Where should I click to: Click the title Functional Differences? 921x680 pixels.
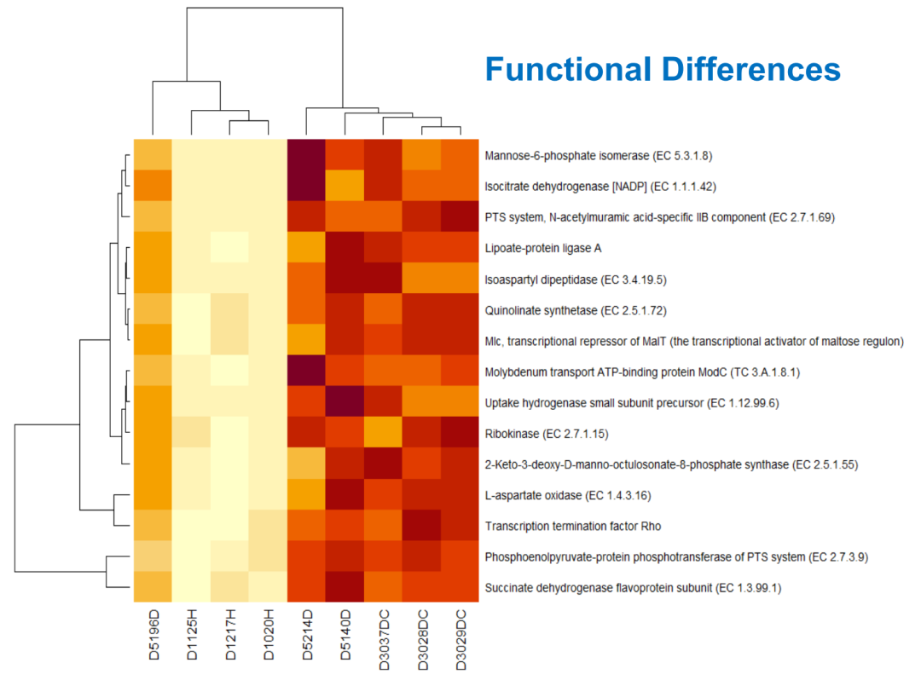663,69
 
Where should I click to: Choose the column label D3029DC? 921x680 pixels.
460,635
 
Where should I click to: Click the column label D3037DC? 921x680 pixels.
384,635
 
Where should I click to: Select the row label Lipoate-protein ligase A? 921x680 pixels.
539,248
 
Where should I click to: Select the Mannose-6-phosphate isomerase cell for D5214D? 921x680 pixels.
307,155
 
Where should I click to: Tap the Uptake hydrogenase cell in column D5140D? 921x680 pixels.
345,402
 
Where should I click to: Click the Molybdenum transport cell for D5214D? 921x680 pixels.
307,372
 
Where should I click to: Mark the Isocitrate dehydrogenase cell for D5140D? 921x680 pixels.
345,186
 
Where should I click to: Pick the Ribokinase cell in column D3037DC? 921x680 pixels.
384,434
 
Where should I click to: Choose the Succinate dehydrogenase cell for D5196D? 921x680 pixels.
153,588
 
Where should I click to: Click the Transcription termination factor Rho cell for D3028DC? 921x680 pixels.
422,526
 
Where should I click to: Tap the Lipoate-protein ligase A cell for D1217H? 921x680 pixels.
230,248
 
